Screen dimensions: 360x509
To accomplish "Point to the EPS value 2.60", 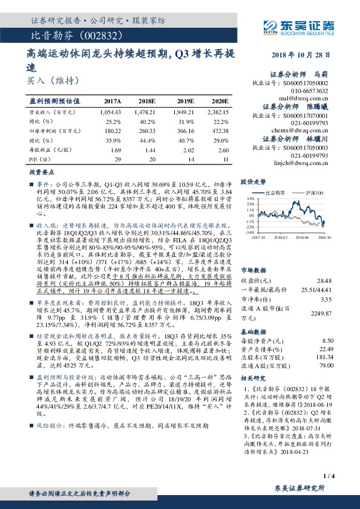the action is click(x=223, y=149).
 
